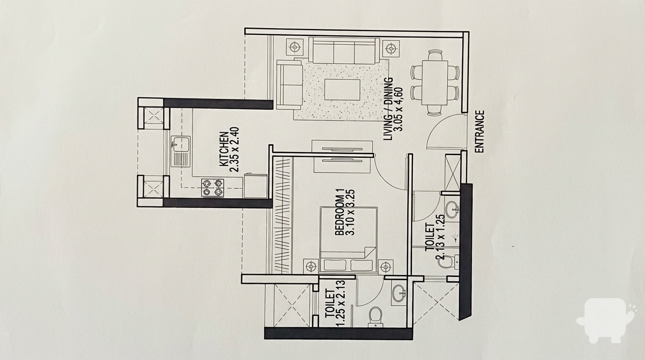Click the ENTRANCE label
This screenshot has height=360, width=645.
click(480, 131)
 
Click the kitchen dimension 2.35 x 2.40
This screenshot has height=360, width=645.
click(235, 150)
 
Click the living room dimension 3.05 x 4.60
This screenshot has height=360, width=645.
click(400, 109)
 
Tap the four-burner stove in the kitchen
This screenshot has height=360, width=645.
click(213, 188)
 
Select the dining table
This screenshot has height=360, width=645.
click(435, 83)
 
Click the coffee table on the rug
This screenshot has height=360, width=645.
click(342, 90)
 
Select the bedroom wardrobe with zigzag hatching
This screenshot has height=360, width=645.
click(282, 215)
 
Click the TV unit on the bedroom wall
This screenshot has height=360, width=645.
click(342, 157)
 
